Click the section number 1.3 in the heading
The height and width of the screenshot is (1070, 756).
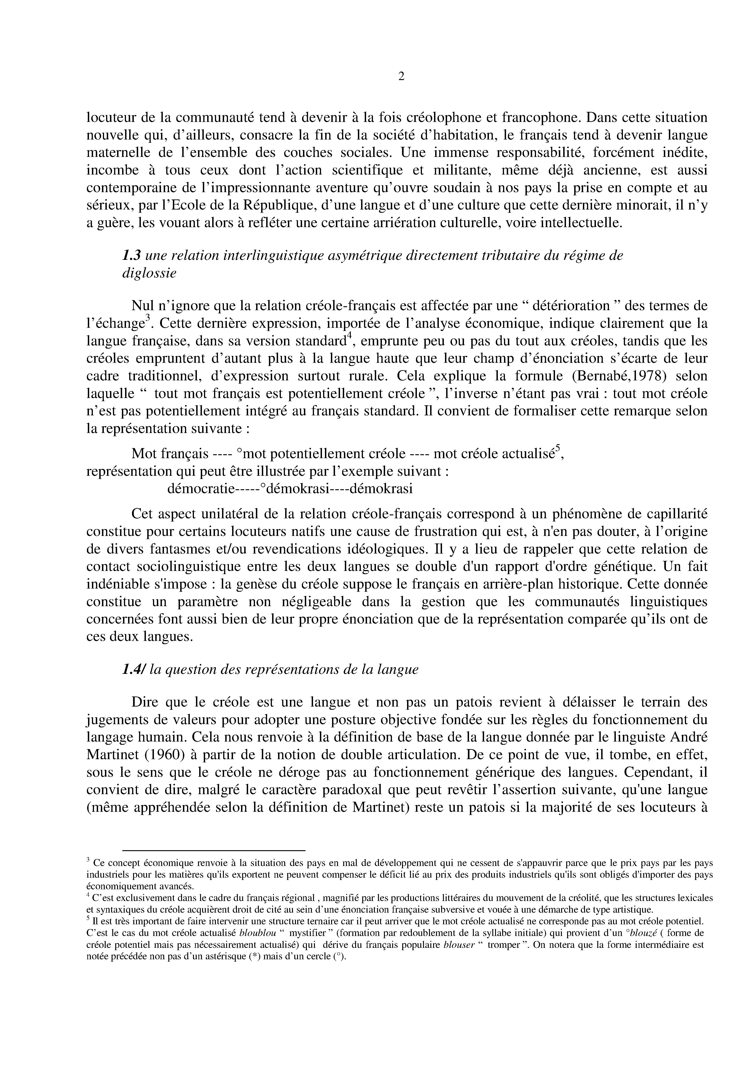[131, 255]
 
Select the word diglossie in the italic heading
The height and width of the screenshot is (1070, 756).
[149, 273]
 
